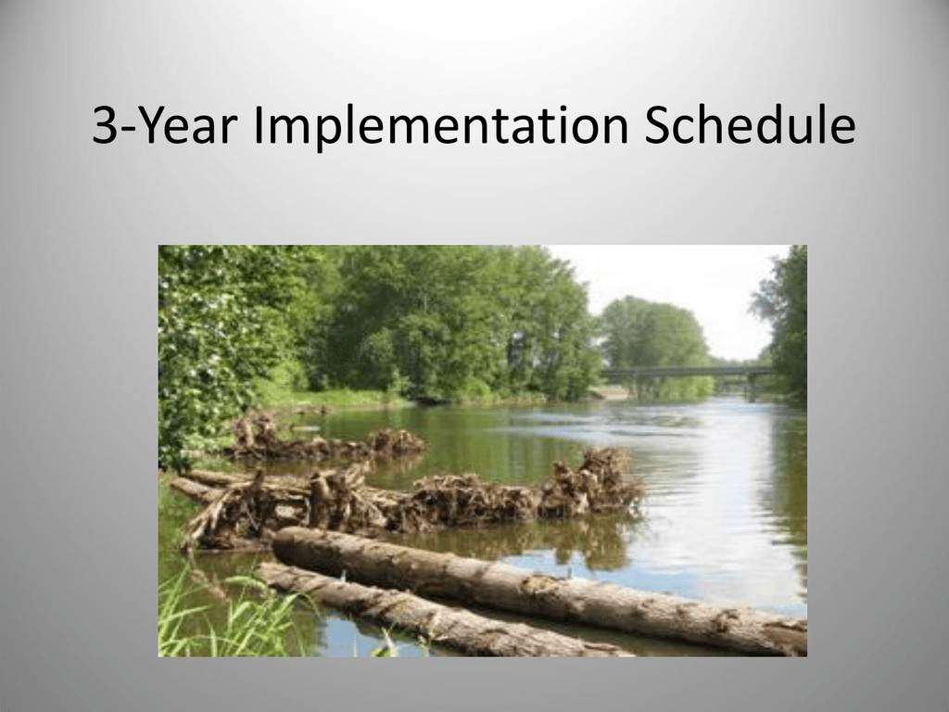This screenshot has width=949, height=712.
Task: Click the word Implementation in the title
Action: (x=440, y=127)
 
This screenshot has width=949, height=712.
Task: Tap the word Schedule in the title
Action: (x=750, y=125)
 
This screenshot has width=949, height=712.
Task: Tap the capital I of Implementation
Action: (x=258, y=126)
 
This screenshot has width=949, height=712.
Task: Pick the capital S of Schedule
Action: (x=657, y=126)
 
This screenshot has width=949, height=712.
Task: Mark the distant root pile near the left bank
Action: (x=327, y=439)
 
